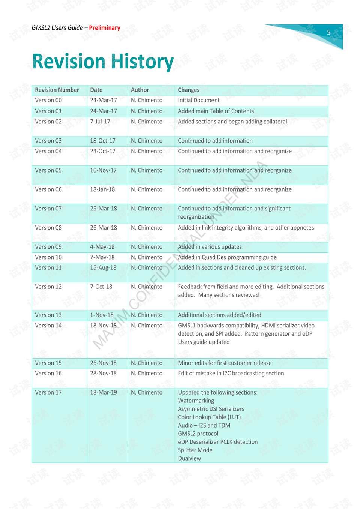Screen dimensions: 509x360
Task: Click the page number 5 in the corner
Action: (328, 33)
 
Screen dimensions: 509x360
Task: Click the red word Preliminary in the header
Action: (105, 28)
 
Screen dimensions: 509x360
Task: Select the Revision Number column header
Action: (57, 90)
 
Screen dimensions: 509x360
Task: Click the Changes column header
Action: (189, 90)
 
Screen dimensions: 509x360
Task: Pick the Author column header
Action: (140, 90)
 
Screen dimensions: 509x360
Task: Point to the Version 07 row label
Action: (48, 209)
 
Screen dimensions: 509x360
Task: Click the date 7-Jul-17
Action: (100, 122)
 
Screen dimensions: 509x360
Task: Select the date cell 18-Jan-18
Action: (102, 189)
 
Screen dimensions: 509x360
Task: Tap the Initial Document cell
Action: (199, 100)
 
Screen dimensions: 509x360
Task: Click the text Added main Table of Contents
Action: (216, 111)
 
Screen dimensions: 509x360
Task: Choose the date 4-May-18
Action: (102, 247)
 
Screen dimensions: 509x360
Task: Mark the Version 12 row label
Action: (48, 287)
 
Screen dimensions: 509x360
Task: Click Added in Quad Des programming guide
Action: (227, 257)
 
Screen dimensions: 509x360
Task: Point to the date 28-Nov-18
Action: (103, 373)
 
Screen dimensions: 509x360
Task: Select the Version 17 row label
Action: (48, 392)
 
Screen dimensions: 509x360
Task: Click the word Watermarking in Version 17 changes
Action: (196, 401)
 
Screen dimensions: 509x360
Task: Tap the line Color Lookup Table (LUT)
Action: (209, 417)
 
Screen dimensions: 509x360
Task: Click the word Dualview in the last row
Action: (189, 458)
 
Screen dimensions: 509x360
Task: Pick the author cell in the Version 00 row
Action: (147, 100)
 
